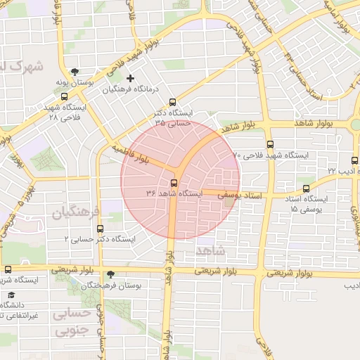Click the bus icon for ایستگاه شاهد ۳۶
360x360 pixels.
[174, 182]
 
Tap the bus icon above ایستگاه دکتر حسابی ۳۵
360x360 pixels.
[173, 101]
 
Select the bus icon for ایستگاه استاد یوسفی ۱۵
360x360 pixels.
[306, 188]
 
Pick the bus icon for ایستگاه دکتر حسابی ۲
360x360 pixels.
[99, 229]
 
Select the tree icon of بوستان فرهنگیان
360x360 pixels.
[110, 274]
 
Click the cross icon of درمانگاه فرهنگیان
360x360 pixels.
[130, 77]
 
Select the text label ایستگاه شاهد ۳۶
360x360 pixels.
[174, 193]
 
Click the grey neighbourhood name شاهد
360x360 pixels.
[211, 250]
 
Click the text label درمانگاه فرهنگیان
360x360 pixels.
[132, 89]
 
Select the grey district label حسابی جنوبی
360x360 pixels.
[73, 321]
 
